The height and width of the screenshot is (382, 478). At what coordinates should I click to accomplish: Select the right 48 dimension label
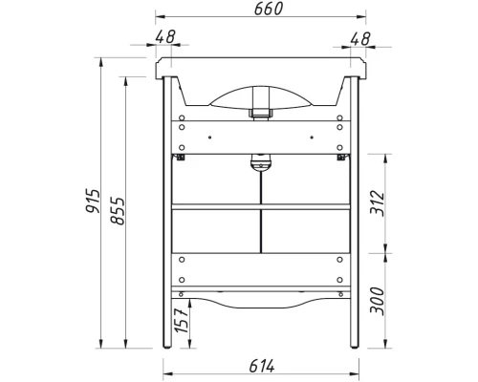pos(360,39)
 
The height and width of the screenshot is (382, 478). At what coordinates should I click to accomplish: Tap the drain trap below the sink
pos(257,165)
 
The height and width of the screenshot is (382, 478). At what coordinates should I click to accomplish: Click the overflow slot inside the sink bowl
pos(258,114)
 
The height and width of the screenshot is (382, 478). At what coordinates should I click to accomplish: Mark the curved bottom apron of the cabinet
pos(260,303)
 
